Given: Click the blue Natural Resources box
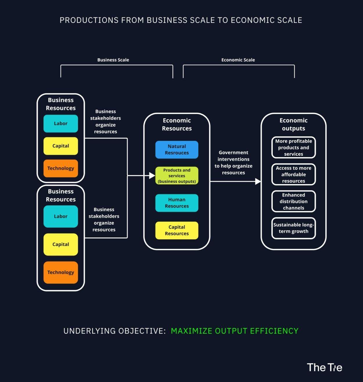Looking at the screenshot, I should [177, 150].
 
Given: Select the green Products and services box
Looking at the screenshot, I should [177, 176].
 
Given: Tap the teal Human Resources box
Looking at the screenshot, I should [177, 203].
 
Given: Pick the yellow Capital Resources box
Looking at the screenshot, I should [177, 230].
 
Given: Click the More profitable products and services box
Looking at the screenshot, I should [293, 148].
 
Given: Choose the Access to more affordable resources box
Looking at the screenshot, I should [293, 174].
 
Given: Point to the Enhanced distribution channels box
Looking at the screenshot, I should [293, 201].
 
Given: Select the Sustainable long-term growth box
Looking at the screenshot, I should [293, 228].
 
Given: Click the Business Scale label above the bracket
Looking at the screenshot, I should [113, 60].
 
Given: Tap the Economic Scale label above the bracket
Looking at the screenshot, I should [238, 60].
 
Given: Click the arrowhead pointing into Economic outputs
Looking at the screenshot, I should [258, 181].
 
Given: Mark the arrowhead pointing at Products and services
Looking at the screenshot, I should [152, 175].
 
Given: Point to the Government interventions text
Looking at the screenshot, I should [233, 163].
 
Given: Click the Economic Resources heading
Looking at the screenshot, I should [177, 124].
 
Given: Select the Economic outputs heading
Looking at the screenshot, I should [293, 124].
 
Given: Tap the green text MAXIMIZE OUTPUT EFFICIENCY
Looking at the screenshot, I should [234, 331].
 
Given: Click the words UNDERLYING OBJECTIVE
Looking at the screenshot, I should [114, 331].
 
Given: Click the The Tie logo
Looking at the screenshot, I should [324, 368].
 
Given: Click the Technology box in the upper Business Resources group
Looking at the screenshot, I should [61, 168].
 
